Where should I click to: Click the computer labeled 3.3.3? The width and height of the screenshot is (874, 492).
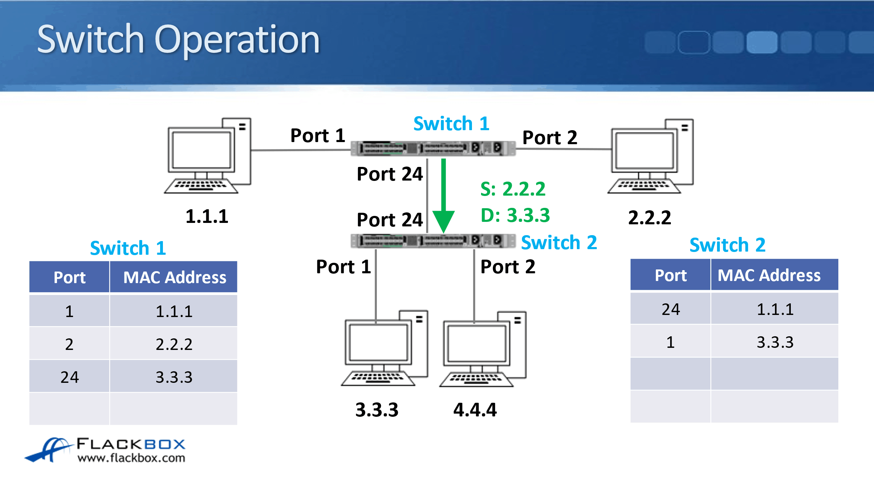click(x=385, y=349)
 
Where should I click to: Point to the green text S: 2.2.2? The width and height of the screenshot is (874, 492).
click(x=513, y=189)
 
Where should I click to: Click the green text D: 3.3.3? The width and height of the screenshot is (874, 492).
click(x=515, y=215)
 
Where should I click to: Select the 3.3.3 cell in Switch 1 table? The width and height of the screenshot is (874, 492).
click(x=174, y=377)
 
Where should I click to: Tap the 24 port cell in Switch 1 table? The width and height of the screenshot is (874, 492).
click(x=69, y=377)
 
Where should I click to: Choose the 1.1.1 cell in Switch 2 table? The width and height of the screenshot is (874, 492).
click(x=775, y=309)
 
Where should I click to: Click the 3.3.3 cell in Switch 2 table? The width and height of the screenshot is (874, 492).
click(x=775, y=342)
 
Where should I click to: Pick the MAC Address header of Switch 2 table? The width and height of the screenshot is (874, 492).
click(x=769, y=276)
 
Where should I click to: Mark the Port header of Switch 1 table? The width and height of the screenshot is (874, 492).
click(x=69, y=278)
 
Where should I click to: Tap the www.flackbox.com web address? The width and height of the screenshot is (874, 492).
click(x=131, y=458)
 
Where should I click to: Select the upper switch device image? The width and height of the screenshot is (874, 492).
click(x=433, y=148)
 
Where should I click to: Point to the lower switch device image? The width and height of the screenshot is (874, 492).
click(x=433, y=241)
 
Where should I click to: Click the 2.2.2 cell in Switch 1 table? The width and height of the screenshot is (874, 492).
click(x=174, y=344)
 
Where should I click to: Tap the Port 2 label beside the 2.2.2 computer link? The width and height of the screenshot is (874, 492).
click(x=550, y=138)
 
